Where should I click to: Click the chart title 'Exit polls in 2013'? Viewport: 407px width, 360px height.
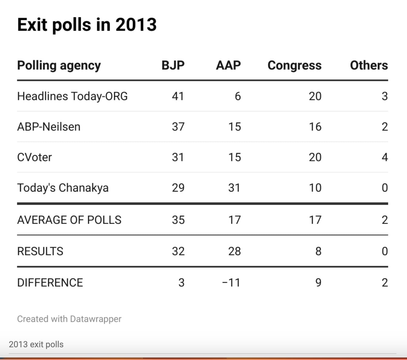[87, 25]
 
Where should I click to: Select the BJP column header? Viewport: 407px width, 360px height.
[173, 65]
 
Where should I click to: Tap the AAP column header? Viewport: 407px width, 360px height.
[228, 65]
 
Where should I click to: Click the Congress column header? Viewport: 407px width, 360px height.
[294, 65]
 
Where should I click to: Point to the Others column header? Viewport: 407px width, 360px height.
[369, 65]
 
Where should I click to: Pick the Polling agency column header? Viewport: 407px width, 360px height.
[59, 65]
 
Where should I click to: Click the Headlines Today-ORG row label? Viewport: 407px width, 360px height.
[72, 96]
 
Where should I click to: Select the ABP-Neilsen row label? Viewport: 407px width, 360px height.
[49, 127]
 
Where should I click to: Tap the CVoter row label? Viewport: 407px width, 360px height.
[35, 157]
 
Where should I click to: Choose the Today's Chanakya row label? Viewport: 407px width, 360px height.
[63, 188]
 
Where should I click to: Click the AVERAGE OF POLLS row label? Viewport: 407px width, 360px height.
[69, 220]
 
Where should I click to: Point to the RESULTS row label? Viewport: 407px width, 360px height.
[40, 251]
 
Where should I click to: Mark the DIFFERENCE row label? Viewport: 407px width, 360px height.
[50, 282]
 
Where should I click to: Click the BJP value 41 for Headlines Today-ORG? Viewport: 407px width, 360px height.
[178, 96]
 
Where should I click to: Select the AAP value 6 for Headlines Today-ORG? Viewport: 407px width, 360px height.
[238, 96]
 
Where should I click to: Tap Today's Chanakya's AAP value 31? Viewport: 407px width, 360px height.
[234, 188]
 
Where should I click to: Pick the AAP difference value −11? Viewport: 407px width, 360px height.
[231, 282]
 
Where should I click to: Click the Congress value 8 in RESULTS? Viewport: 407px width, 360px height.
[318, 251]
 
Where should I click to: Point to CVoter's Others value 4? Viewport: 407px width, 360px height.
[385, 157]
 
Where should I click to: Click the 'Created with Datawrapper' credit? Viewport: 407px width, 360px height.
[69, 319]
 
